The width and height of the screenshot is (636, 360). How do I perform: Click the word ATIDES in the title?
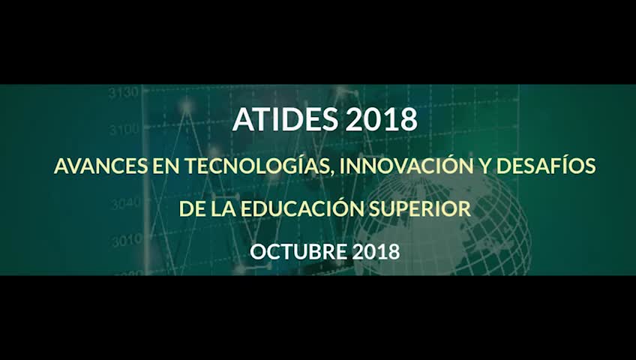(x=285, y=119)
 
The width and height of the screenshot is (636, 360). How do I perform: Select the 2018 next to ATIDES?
(x=381, y=119)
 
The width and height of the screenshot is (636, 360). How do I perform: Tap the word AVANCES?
(x=101, y=166)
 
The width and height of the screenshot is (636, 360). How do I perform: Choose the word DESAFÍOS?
(x=546, y=166)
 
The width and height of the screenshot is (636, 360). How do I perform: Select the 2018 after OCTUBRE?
(x=376, y=252)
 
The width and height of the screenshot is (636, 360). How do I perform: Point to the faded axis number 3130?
(x=123, y=93)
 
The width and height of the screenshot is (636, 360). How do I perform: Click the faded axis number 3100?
(x=123, y=130)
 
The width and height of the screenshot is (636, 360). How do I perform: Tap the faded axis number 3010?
(x=126, y=241)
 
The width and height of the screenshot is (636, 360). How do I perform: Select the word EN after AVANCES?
(x=166, y=166)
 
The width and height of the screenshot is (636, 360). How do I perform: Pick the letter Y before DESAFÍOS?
(x=485, y=166)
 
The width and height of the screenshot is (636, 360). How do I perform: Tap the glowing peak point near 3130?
(x=187, y=106)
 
